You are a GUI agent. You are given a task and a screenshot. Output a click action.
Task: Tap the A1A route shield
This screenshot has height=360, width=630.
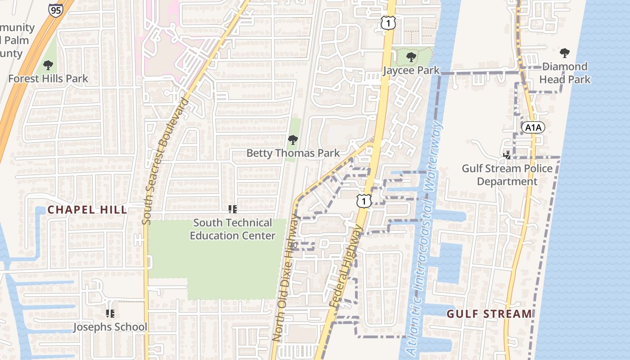pos(533,128)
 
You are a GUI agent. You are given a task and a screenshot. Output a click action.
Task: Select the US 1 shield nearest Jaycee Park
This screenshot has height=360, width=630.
pos(387,22)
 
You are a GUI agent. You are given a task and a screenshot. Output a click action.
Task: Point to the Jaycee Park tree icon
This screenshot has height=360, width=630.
pos(410,57)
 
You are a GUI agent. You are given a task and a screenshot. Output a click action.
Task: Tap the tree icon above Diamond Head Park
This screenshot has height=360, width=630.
pos(565,53)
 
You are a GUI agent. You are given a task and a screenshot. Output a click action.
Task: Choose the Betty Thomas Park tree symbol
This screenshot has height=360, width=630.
pos(293,140)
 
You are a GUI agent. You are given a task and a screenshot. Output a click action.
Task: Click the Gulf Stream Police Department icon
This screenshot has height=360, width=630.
pos(507,155)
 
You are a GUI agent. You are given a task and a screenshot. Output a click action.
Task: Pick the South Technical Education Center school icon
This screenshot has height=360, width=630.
pos(232,209)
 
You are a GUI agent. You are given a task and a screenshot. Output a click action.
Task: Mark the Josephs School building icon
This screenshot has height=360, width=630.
pos(110,314)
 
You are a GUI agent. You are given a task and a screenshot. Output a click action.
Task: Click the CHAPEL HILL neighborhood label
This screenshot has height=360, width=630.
pos(87,210)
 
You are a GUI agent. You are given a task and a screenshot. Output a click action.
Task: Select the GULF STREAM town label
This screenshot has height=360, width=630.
pos(489,314)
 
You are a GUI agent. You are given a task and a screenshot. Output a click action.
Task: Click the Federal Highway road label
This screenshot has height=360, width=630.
pos(346,267)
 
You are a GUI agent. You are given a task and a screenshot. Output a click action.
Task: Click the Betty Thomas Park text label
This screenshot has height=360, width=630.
pos(293,153)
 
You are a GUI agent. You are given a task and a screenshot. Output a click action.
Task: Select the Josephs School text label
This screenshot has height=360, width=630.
pos(110,327)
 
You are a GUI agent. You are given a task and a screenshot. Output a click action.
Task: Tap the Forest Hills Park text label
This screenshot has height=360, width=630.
pos(48,79)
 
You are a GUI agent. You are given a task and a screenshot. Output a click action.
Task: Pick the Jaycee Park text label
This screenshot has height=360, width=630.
pos(411,71)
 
